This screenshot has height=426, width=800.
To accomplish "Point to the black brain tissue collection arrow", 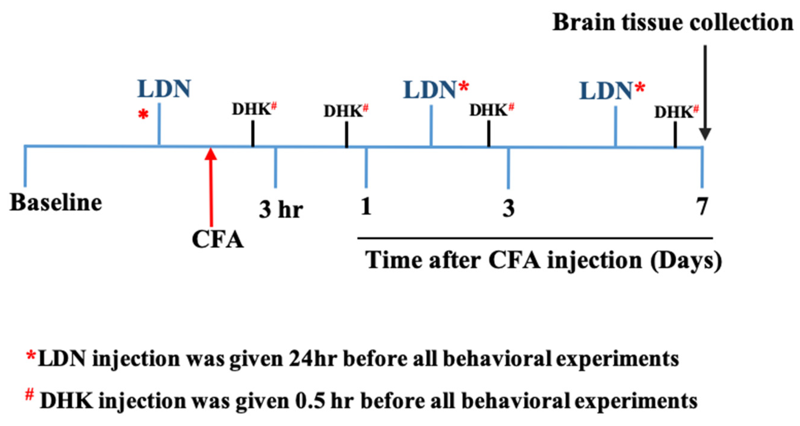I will (x=705, y=93).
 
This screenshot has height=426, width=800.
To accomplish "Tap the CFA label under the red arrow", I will (x=218, y=239).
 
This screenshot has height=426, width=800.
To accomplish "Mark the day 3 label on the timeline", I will (x=508, y=208).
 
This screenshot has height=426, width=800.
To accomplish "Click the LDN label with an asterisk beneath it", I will (x=164, y=89).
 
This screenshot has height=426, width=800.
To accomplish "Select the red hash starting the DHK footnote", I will (x=30, y=395).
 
